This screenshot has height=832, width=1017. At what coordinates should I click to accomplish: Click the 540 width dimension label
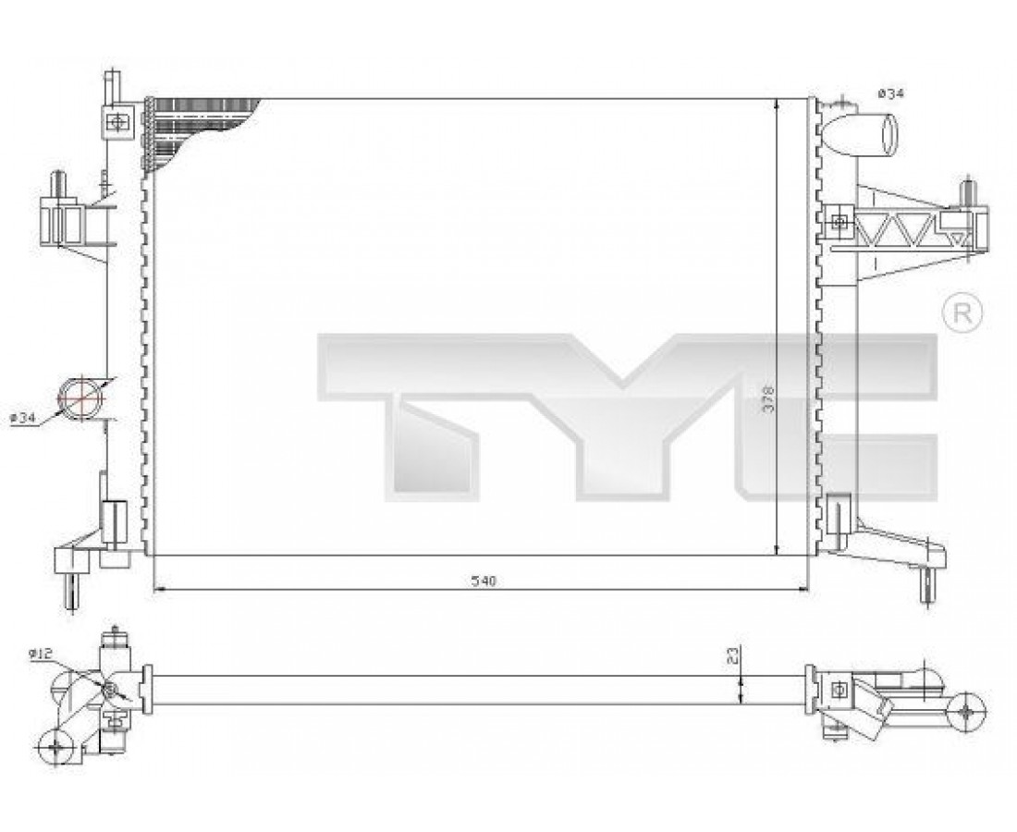point(484,581)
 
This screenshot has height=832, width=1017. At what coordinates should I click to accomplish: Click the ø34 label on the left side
point(22,419)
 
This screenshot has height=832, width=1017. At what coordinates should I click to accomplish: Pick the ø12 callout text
point(40,655)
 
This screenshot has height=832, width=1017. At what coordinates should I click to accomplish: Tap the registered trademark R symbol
point(962,313)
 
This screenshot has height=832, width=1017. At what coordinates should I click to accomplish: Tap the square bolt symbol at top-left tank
point(117,121)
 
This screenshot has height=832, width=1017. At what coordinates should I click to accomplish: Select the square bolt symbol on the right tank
point(839,222)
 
